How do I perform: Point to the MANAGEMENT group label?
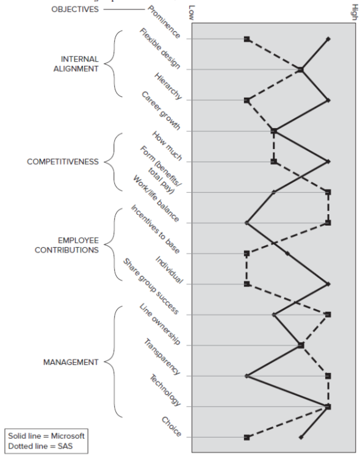click(x=70, y=362)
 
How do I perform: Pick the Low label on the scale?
click(x=192, y=12)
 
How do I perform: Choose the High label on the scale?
click(x=355, y=12)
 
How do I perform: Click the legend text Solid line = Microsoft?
click(x=46, y=436)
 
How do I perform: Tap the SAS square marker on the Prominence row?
click(x=247, y=39)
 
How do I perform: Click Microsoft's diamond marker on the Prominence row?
click(x=328, y=39)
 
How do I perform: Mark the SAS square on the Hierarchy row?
click(x=247, y=100)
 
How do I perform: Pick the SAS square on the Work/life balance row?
click(x=328, y=223)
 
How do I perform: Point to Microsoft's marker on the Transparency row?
click(x=247, y=376)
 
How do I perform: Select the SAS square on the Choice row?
click(x=247, y=437)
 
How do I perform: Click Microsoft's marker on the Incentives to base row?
click(x=287, y=253)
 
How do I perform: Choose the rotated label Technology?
click(x=165, y=391)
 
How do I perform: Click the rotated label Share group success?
click(x=150, y=286)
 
